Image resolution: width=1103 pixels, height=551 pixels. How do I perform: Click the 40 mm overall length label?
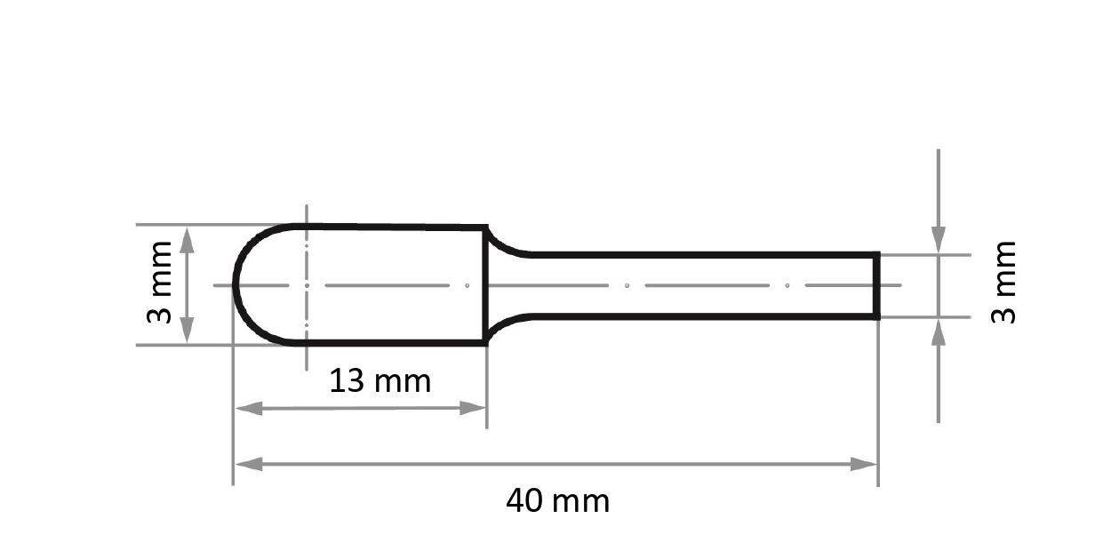tap(557, 501)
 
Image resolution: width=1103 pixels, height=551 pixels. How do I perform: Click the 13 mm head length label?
tap(380, 381)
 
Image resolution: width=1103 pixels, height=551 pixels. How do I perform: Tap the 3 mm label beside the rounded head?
tap(161, 283)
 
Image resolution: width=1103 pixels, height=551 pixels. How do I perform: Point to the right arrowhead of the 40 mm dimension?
tap(864, 464)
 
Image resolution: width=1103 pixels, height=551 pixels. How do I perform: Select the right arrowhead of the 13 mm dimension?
tap(473, 408)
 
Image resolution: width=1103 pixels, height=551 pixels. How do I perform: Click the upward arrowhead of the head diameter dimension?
tap(187, 239)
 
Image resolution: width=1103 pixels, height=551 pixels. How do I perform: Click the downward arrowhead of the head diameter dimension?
tap(187, 331)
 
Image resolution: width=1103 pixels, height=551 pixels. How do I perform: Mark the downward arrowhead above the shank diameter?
tap(939, 239)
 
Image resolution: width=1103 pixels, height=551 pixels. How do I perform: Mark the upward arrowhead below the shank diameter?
tap(939, 332)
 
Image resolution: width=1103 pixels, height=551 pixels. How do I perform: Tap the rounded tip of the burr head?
tap(235, 285)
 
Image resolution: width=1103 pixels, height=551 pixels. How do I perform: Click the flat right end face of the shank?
tap(877, 285)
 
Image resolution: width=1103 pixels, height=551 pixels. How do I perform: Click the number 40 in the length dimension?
tap(524, 501)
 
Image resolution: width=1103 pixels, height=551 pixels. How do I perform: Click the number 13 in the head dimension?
tap(347, 381)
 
